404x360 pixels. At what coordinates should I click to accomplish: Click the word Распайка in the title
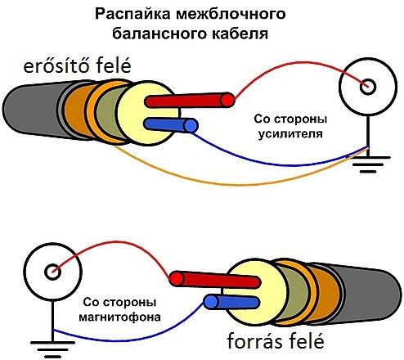(x=133, y=14)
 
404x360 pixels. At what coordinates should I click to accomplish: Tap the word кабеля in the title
(x=240, y=34)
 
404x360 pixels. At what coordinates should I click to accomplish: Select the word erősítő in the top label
(x=58, y=66)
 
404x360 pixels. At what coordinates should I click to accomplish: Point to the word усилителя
(x=290, y=134)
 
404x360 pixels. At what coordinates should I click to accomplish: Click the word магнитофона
(x=119, y=317)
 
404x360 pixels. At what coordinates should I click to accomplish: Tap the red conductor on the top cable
(x=190, y=100)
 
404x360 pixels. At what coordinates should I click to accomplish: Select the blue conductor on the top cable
(x=171, y=125)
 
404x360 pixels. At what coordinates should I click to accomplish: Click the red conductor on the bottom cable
(x=214, y=279)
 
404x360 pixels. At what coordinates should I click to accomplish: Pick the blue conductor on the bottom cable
(x=231, y=302)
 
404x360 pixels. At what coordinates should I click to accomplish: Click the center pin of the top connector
(x=368, y=87)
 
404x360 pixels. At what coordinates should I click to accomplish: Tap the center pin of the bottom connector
(x=52, y=272)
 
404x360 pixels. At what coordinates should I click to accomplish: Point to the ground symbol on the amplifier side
(x=371, y=164)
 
